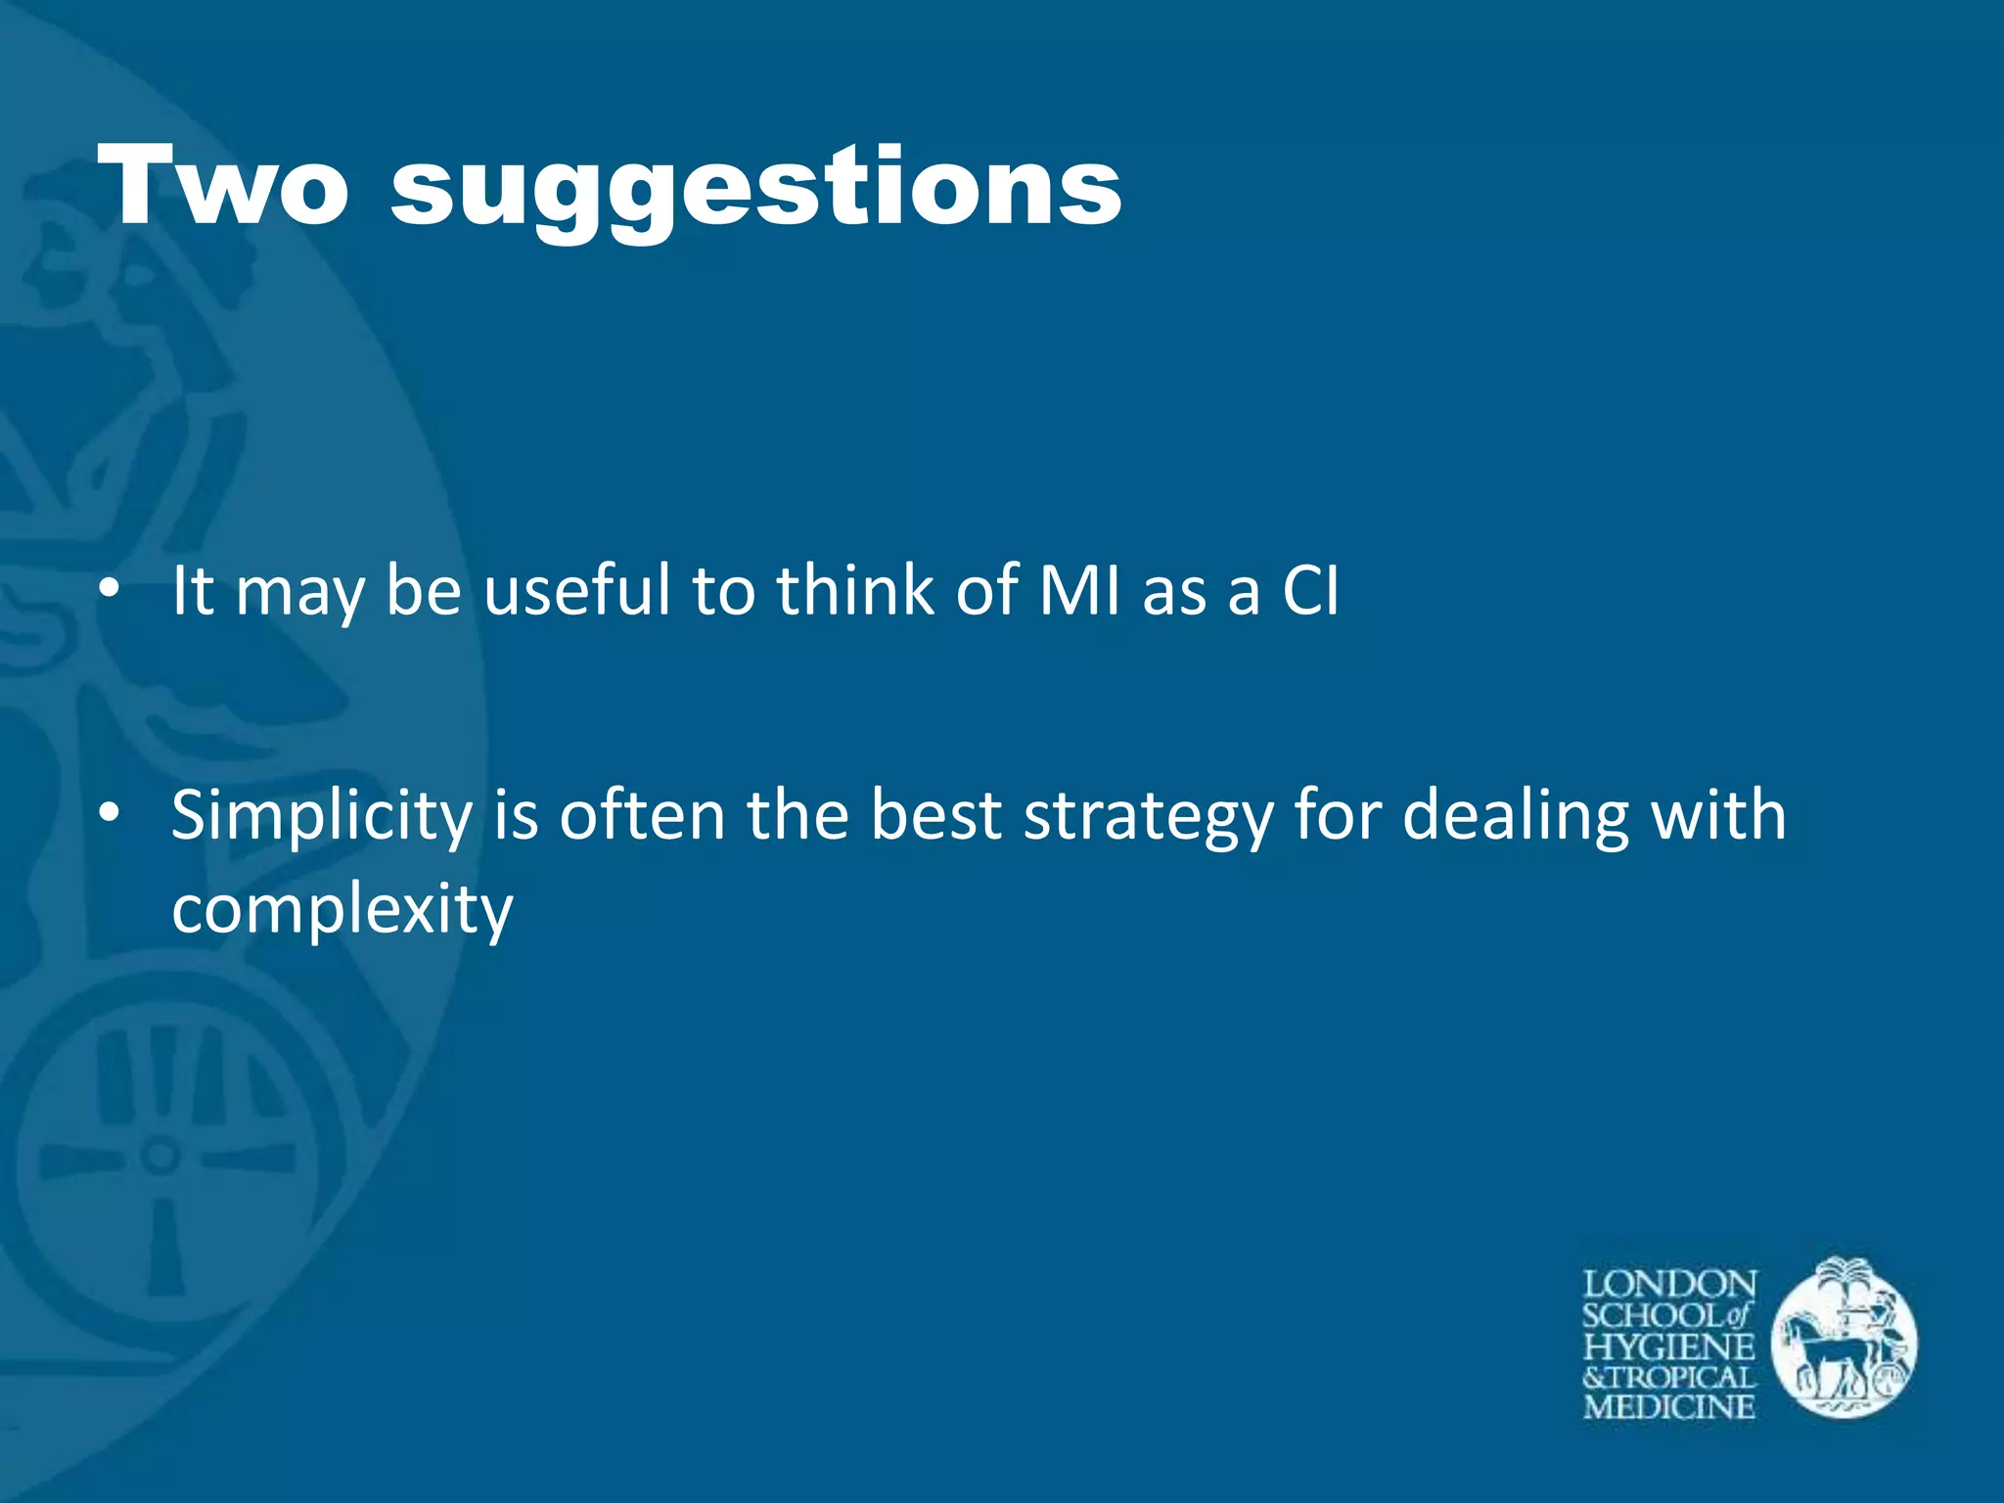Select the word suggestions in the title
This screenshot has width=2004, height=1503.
[755, 191]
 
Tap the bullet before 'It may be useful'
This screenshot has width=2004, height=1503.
[110, 590]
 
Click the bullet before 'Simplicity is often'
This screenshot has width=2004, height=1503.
[110, 813]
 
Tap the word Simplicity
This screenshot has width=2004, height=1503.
[322, 817]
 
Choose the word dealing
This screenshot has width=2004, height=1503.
[1516, 817]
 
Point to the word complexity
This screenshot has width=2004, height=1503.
[342, 910]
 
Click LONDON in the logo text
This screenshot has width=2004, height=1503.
[1669, 1284]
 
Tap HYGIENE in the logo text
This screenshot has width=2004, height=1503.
[1669, 1346]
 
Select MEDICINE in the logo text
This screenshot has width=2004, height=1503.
[1669, 1408]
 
